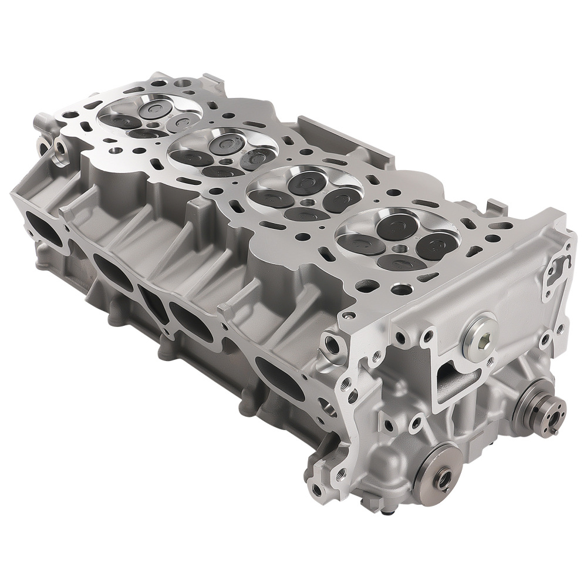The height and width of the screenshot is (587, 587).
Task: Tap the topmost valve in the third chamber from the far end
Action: pyautogui.click(x=305, y=179)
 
